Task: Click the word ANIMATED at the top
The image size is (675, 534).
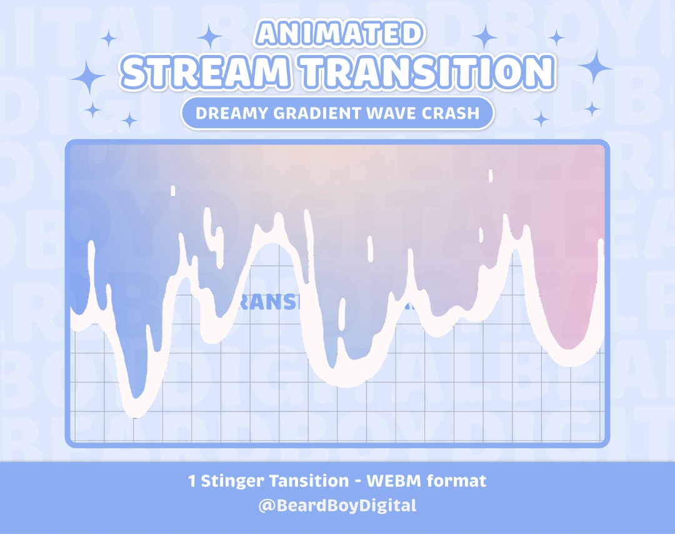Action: click(x=337, y=32)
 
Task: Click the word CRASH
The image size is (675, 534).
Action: click(x=454, y=114)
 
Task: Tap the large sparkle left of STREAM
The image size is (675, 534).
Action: click(x=89, y=79)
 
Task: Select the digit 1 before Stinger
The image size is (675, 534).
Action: click(x=192, y=482)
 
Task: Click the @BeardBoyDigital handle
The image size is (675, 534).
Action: click(x=337, y=505)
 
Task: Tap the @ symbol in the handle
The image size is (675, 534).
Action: click(x=265, y=505)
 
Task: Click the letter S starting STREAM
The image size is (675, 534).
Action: click(x=136, y=72)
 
